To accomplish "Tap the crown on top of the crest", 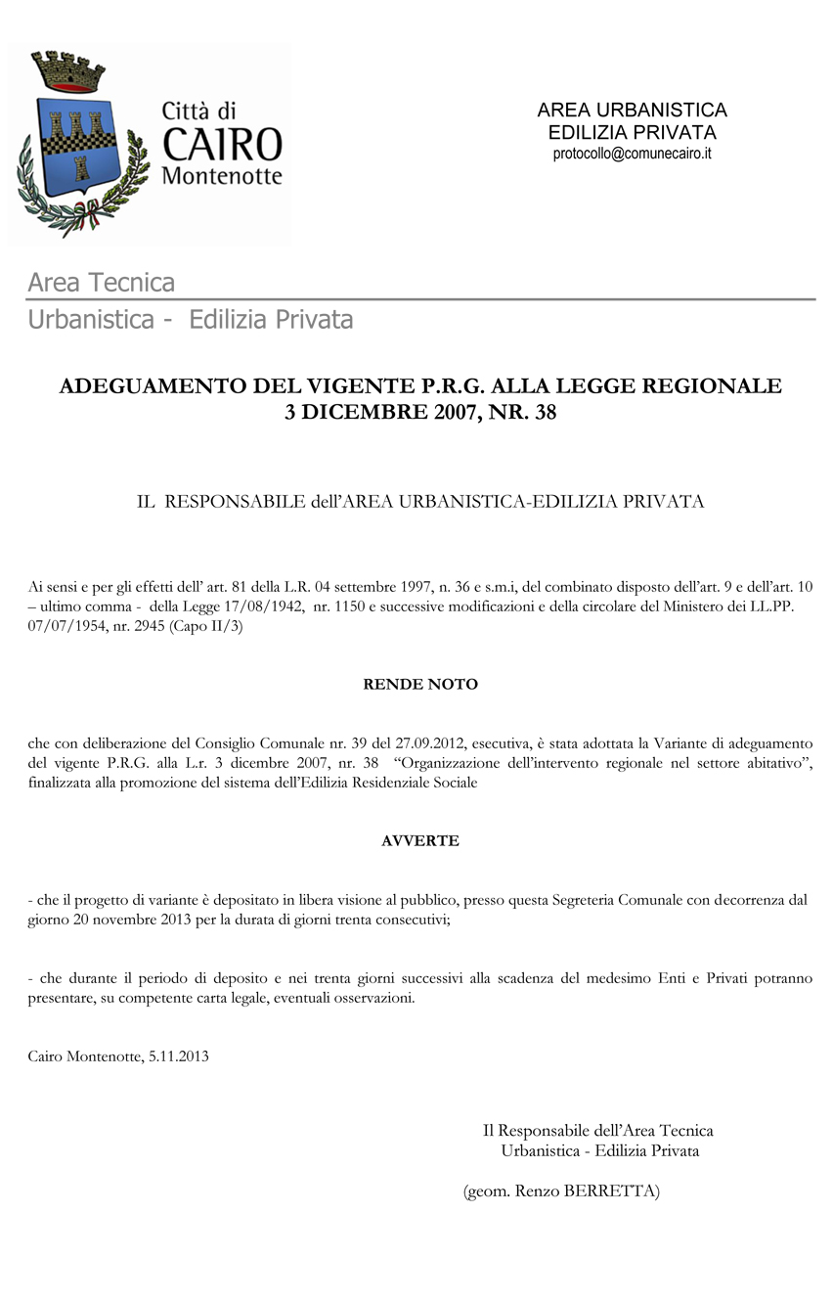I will click(68, 69).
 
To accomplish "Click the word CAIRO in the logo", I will click(221, 144).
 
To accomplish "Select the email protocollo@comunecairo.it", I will click(632, 154).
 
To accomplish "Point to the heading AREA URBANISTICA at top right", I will click(632, 111).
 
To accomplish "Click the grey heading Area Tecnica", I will click(102, 283).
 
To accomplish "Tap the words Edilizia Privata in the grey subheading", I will click(271, 320).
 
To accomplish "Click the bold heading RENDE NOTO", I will click(420, 685).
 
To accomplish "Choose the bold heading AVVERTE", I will click(420, 840).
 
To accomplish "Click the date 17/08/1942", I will click(264, 608).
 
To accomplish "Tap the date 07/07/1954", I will click(63, 628).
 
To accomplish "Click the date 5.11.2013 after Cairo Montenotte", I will click(179, 1056).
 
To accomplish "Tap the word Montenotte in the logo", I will click(221, 177).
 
